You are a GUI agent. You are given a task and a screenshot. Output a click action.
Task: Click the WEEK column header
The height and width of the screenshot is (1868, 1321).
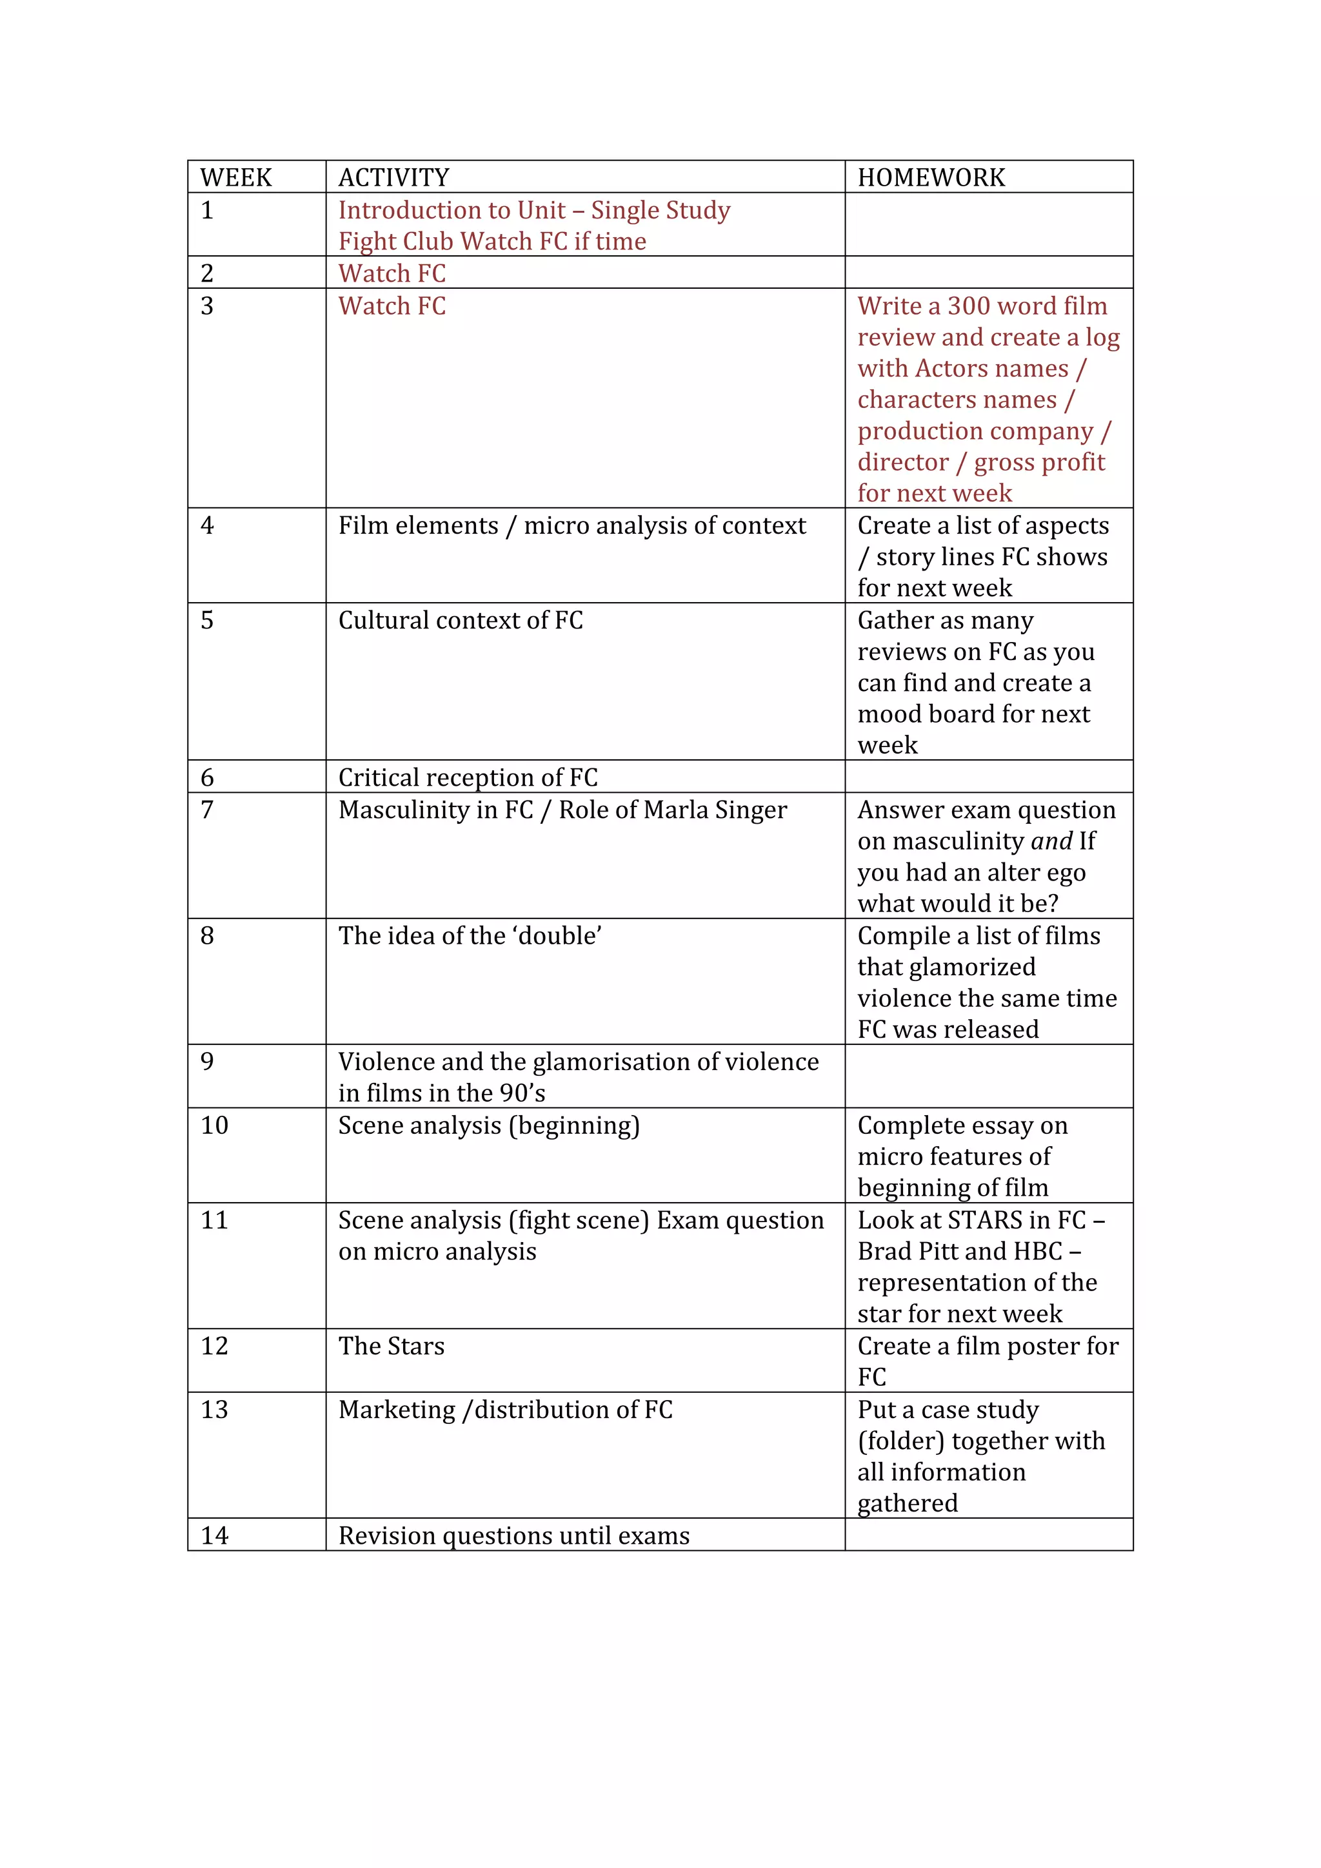(236, 177)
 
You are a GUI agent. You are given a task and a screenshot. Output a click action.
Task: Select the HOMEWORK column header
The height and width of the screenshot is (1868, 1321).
(931, 177)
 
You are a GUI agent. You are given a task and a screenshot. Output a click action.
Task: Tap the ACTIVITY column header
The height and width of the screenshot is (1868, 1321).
(394, 177)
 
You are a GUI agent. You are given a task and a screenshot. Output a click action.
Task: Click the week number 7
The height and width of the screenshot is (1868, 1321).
(208, 810)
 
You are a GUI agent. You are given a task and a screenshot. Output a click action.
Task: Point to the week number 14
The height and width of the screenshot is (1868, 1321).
(215, 1535)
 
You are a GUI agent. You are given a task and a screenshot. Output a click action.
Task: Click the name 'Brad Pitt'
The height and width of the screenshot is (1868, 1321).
(908, 1250)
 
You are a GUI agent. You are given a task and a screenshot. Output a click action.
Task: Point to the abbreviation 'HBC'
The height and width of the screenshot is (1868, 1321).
(1038, 1250)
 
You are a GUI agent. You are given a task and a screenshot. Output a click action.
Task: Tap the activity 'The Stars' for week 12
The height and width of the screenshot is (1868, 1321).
(392, 1346)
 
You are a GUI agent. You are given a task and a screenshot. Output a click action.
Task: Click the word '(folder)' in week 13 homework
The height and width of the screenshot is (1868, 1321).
(901, 1441)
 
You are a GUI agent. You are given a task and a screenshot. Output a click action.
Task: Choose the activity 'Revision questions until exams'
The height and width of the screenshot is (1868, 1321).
(513, 1535)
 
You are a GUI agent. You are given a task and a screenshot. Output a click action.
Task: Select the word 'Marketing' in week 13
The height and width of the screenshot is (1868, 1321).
(397, 1409)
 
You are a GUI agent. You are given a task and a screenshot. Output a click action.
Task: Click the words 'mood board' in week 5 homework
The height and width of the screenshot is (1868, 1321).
(926, 714)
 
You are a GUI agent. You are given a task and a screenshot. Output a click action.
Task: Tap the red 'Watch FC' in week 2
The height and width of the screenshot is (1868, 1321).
(392, 273)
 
